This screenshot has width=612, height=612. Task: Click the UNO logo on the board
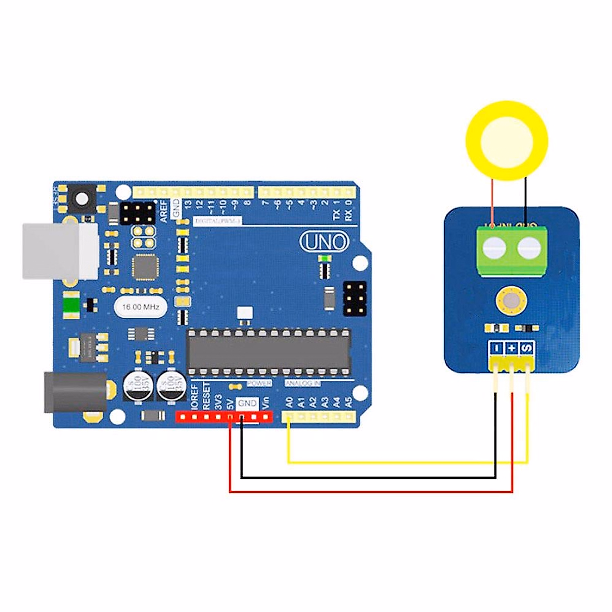[325, 242]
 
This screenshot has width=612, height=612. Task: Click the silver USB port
[60, 251]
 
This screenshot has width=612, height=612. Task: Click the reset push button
[81, 198]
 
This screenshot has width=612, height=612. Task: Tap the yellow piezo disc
[507, 140]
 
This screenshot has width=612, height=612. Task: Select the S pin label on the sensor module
[527, 348]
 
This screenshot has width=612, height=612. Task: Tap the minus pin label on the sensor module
[496, 348]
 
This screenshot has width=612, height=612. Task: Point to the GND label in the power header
[248, 403]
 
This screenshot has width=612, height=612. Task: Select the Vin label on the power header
[266, 402]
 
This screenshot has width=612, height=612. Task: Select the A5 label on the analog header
[349, 402]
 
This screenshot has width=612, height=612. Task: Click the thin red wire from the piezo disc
[492, 201]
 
